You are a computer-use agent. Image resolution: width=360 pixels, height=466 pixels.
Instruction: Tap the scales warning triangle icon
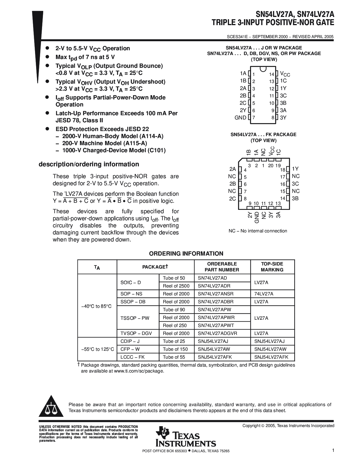[51, 407]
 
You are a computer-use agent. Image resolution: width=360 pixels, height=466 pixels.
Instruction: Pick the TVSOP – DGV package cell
[136, 333]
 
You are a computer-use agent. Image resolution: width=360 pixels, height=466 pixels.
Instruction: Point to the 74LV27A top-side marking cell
[264, 294]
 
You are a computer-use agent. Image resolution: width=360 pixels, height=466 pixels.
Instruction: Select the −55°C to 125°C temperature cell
[97, 349]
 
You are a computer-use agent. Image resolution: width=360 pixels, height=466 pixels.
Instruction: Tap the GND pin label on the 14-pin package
[240, 118]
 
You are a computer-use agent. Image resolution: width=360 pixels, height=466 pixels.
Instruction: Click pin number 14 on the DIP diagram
[271, 74]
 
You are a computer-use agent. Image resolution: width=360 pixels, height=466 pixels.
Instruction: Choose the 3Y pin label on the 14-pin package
[283, 118]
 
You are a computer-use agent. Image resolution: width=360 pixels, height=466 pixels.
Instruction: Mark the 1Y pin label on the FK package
[295, 169]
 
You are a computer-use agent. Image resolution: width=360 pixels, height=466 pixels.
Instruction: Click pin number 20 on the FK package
[270, 166]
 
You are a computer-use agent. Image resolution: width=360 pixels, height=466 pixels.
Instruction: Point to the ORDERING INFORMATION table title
[186, 254]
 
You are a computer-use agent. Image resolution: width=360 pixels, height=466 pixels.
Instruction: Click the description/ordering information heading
[89, 164]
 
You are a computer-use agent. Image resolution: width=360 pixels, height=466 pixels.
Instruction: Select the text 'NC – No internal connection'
[258, 231]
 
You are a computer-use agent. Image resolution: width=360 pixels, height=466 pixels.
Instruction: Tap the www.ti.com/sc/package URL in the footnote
[139, 371]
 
